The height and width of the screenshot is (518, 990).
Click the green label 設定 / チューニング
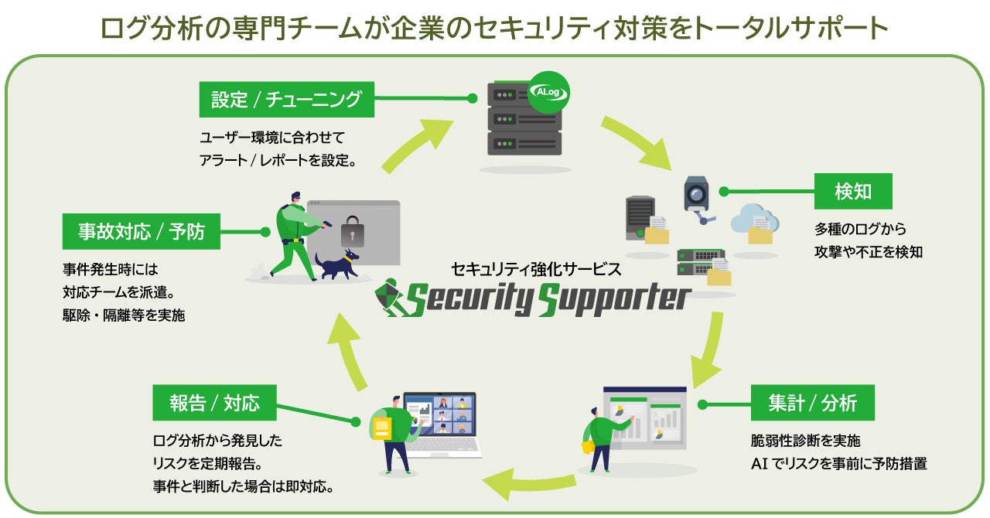click(286, 100)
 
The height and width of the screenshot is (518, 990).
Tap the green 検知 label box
click(853, 191)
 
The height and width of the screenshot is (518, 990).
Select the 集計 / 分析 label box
click(812, 403)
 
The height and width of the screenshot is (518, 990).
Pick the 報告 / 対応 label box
click(214, 403)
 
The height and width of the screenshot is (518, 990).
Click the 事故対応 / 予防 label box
click(141, 232)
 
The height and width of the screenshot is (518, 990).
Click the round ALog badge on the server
click(548, 92)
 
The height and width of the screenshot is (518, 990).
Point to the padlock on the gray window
click(352, 232)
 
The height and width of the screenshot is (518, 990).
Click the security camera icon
click(698, 199)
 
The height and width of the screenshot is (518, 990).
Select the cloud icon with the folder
click(755, 224)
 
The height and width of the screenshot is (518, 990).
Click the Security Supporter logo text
click(548, 299)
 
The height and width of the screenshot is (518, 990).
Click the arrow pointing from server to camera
click(638, 142)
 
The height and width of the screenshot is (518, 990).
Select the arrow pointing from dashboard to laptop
click(529, 482)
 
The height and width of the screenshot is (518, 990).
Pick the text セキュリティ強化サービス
click(536, 269)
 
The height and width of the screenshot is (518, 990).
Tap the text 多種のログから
click(860, 229)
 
